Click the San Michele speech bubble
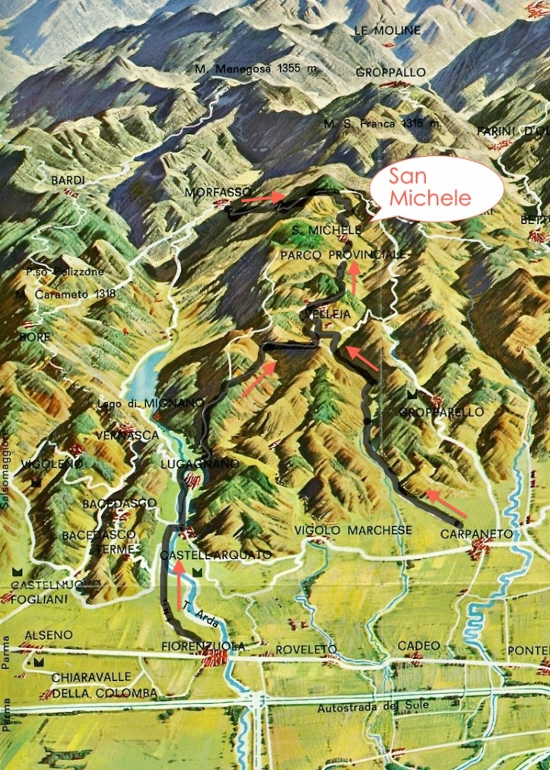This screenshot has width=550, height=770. (x=437, y=187)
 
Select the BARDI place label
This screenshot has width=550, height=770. (x=67, y=181)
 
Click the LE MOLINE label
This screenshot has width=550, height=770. (x=386, y=30)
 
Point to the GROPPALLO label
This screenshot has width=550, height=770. (x=390, y=73)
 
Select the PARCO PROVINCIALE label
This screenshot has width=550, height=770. (x=342, y=254)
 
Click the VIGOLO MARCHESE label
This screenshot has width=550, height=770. (x=353, y=530)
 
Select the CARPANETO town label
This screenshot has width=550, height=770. (x=476, y=535)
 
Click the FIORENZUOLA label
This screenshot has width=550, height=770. (x=203, y=646)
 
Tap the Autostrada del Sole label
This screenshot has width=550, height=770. (x=373, y=706)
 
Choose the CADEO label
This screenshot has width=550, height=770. (x=418, y=645)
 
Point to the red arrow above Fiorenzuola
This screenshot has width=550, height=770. (x=180, y=587)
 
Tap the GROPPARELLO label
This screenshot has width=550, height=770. (x=441, y=412)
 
